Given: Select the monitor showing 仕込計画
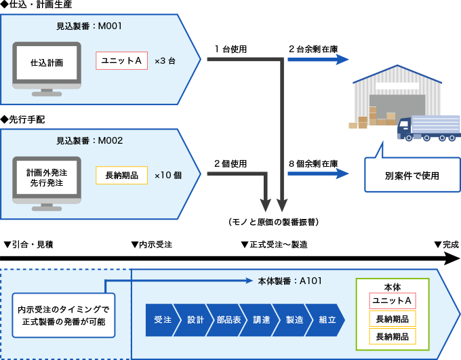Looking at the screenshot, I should tap(47, 65).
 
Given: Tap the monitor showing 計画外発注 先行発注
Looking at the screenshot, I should tap(47, 179).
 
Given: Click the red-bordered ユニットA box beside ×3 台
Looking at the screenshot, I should tap(121, 61).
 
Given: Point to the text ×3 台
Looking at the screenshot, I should tap(165, 61).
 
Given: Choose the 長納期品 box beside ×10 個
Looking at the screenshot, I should tap(121, 176).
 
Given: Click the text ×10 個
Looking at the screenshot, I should tap(168, 176).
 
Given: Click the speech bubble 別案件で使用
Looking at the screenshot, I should tap(412, 175).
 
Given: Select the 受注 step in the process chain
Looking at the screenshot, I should tap(161, 320).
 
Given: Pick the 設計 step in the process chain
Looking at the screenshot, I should tap(195, 320).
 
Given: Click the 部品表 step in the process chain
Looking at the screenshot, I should tap(228, 320).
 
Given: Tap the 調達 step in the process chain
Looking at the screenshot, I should tap(262, 320).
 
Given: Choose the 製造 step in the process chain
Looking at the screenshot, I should tap(294, 320).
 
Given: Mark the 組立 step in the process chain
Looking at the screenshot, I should tap(327, 320).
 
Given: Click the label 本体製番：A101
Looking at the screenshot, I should tap(290, 280).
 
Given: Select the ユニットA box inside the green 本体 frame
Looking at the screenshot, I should tap(393, 301).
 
